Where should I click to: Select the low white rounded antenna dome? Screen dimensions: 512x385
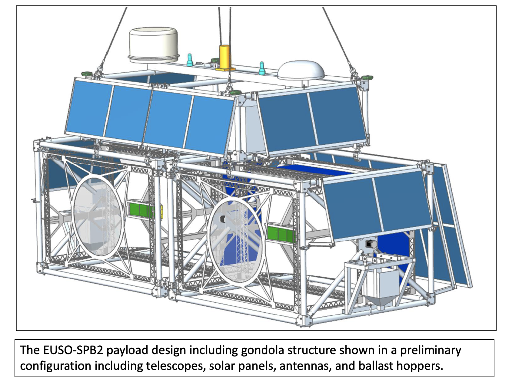[301, 71]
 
